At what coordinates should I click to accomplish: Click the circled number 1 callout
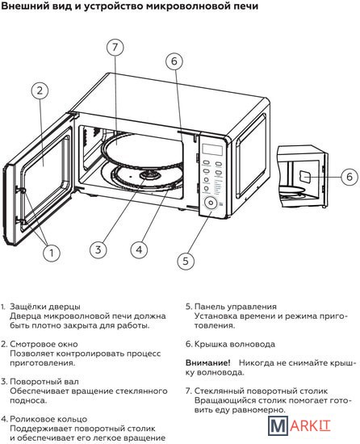[52, 253]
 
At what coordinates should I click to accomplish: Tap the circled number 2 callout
[40, 90]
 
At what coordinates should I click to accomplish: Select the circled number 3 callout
[98, 249]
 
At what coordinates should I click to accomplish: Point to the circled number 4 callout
[140, 249]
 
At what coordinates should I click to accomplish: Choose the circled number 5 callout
[186, 261]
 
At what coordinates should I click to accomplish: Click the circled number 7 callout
[115, 47]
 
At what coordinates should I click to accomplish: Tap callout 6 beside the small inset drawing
[350, 177]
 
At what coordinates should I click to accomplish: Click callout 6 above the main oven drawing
[174, 61]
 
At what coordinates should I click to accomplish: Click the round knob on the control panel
[211, 203]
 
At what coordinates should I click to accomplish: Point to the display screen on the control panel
[212, 150]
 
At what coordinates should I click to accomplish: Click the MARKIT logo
[299, 425]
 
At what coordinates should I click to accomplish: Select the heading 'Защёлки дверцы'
[45, 307]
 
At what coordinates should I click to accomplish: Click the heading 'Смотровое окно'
[44, 344]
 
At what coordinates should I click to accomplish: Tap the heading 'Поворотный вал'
[44, 382]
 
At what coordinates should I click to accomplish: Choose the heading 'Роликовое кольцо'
[48, 419]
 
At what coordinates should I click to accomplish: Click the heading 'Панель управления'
[236, 307]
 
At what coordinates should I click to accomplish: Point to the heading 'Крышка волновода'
[235, 345]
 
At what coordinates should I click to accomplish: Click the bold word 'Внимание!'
[208, 362]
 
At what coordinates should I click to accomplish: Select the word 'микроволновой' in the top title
[182, 6]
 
